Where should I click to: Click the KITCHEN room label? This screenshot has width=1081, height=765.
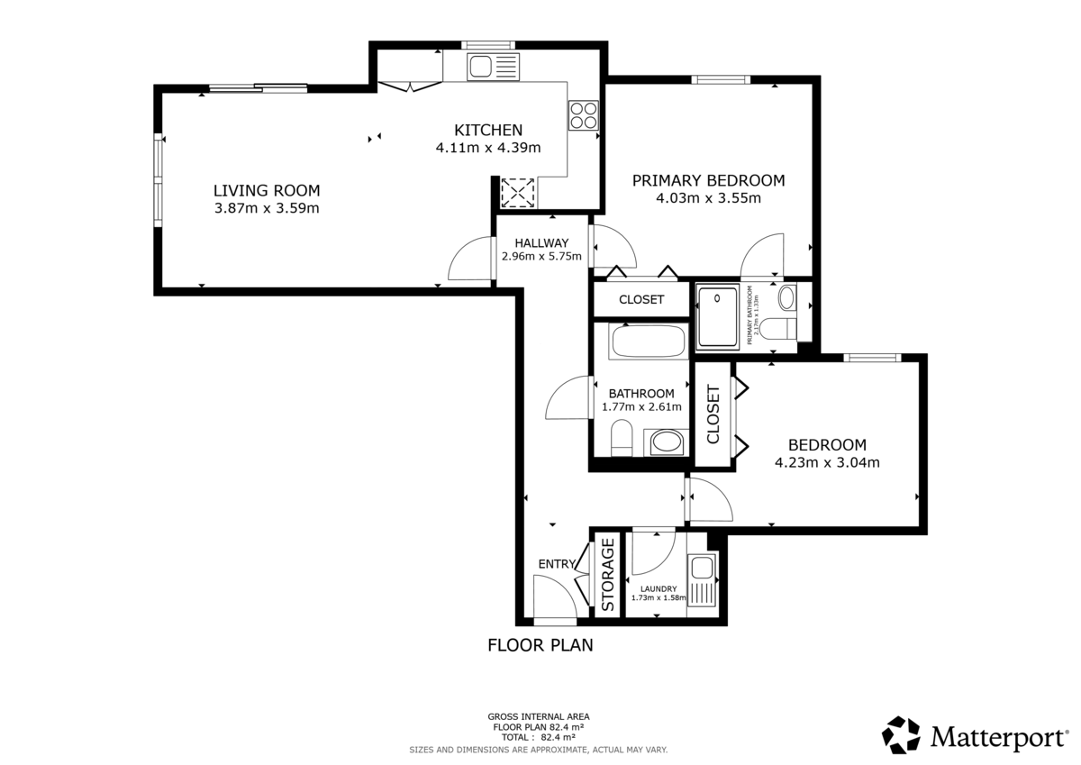[x=487, y=130]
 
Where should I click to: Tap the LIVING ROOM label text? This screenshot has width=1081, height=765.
[x=267, y=190]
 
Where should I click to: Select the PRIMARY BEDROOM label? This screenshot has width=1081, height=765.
[x=708, y=180]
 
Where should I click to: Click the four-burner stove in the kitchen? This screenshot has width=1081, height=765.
[x=582, y=114]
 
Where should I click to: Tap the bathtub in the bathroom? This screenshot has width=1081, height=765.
[x=648, y=342]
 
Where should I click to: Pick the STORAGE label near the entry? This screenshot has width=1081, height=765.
[x=608, y=575]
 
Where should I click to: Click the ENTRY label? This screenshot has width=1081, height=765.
[x=556, y=564]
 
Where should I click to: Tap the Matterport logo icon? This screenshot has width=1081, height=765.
[x=901, y=734]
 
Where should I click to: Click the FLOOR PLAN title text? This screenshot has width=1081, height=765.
[x=540, y=645]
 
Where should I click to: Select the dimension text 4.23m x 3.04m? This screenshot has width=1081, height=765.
[x=827, y=463]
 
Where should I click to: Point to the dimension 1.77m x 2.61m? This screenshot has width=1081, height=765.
[x=641, y=407]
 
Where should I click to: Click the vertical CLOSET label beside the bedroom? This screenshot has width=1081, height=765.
[x=713, y=415]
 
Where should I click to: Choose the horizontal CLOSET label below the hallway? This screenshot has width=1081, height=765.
[x=641, y=300]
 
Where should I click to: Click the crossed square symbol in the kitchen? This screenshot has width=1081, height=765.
[x=517, y=192]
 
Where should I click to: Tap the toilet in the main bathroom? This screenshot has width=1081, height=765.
[x=621, y=441]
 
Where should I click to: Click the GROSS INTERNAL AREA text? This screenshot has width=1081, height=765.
[x=538, y=717]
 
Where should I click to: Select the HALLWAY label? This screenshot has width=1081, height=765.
[x=541, y=243]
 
